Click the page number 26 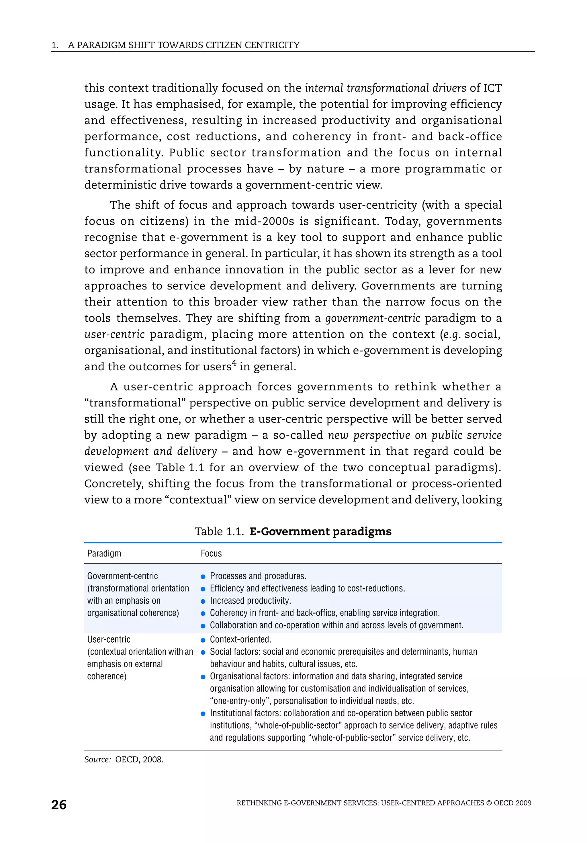pyautogui.click(x=59, y=805)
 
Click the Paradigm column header pyautogui.click(x=104, y=553)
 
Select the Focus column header pyautogui.click(x=211, y=553)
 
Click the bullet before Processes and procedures pyautogui.click(x=203, y=577)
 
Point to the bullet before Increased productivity pyautogui.click(x=203, y=601)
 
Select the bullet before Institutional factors pyautogui.click(x=203, y=714)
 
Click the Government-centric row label pyautogui.click(x=122, y=576)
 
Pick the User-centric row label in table pyautogui.click(x=109, y=639)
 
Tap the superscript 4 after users pyautogui.click(x=234, y=363)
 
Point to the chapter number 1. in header pyautogui.click(x=55, y=45)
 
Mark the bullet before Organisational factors pyautogui.click(x=203, y=677)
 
